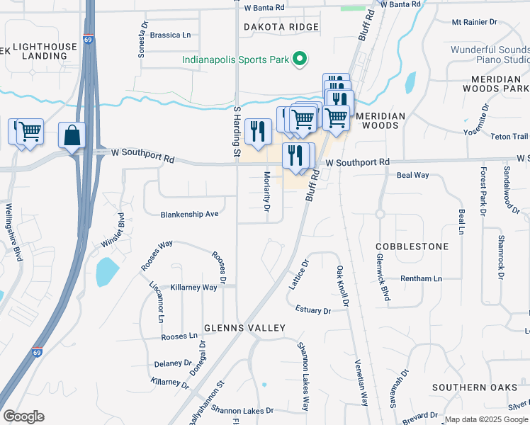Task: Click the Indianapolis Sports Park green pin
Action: (300, 59)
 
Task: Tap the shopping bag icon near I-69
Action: (72, 135)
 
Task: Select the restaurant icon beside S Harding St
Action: (257, 130)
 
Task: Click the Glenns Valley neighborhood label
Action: (244, 328)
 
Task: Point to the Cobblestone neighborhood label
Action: (412, 246)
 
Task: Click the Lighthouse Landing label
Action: (44, 51)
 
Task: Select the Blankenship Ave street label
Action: (189, 214)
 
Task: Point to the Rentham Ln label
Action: (421, 278)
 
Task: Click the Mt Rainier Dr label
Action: (480, 22)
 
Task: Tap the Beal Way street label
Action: (412, 175)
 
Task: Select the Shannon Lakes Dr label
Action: (242, 411)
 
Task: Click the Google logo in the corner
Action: (23, 416)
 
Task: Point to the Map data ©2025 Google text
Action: (486, 419)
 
